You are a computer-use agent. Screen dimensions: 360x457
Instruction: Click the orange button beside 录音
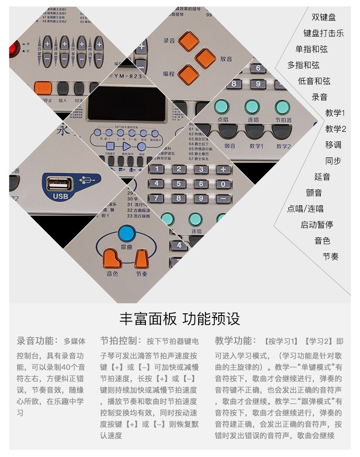pyautogui.click(x=188, y=41)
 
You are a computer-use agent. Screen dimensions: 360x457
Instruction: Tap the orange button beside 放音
pyautogui.click(x=205, y=58)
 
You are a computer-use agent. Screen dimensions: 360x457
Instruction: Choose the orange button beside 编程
pyautogui.click(x=188, y=74)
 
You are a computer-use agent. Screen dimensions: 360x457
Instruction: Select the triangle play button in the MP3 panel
pyautogui.click(x=126, y=146)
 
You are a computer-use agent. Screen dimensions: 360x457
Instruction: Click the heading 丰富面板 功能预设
pyautogui.click(x=180, y=319)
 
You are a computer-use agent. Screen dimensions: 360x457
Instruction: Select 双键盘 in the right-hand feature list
pyautogui.click(x=324, y=17)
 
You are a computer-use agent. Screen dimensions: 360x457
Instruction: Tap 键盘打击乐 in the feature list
pyautogui.click(x=324, y=33)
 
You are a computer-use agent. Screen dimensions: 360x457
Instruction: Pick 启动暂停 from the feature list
pyautogui.click(x=317, y=224)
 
